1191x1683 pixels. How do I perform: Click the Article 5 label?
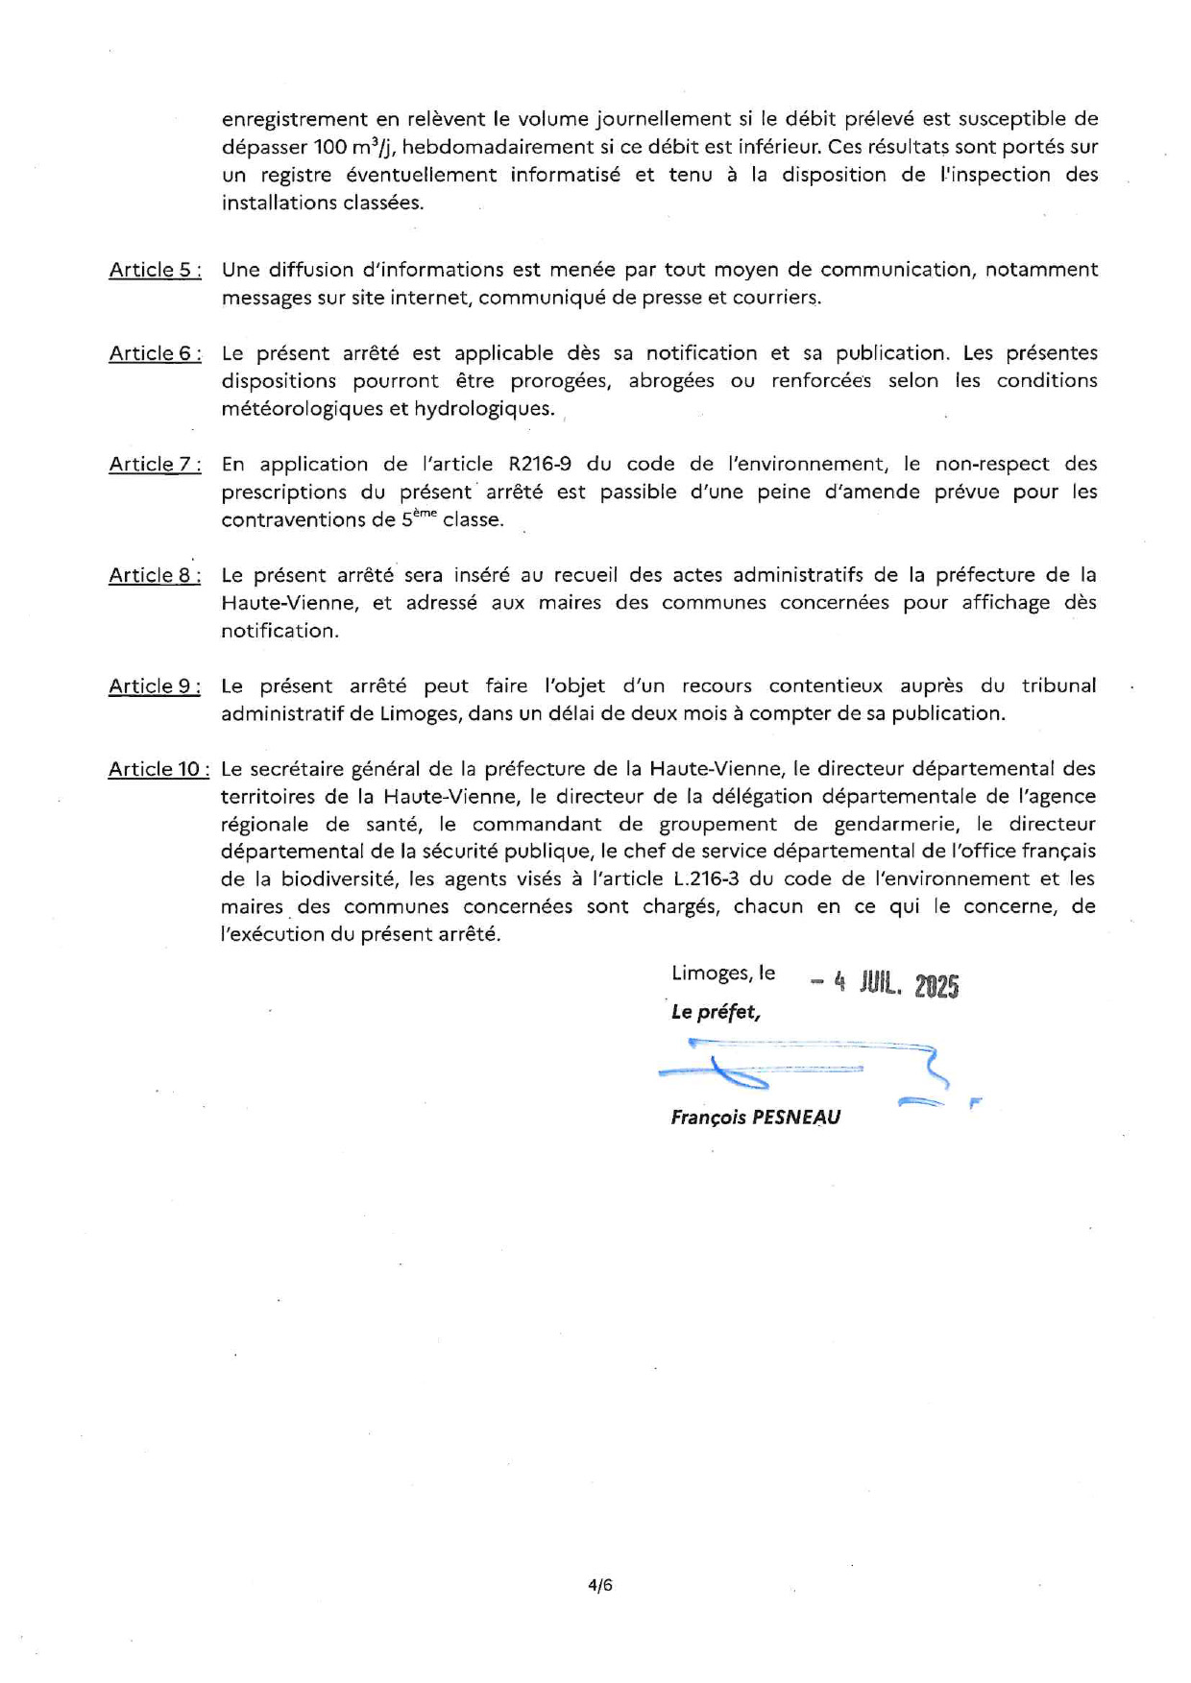[x=155, y=270]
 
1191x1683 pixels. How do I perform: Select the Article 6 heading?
[x=155, y=353]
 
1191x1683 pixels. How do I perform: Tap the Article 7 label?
[x=155, y=465]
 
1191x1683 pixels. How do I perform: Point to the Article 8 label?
[x=155, y=575]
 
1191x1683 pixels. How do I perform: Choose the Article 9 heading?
[x=155, y=686]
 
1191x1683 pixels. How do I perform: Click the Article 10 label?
[x=158, y=769]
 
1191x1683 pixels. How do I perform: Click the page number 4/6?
[x=600, y=1585]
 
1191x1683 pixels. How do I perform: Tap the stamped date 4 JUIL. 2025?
[x=885, y=984]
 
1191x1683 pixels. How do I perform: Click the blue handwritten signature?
[x=807, y=1070]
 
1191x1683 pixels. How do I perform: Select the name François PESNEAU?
[x=756, y=1118]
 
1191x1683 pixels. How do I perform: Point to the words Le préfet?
[x=716, y=1012]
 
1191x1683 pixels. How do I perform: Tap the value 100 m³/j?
[x=353, y=147]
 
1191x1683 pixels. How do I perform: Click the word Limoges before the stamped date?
[x=709, y=973]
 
